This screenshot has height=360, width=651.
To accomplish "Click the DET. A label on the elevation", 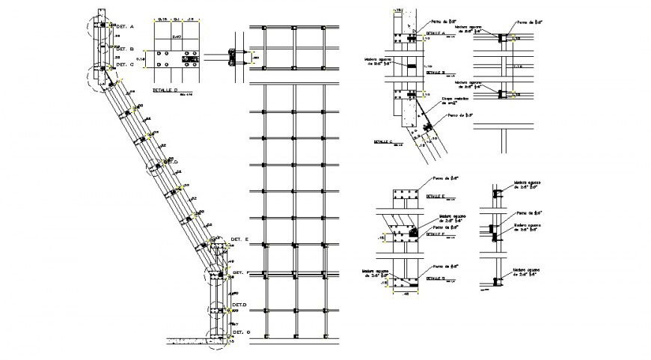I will click(x=126, y=27).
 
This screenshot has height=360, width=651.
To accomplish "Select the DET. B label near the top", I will click(x=126, y=49).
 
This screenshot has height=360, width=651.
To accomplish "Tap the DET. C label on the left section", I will click(x=126, y=64).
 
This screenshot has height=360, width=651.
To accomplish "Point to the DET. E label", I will click(x=239, y=239).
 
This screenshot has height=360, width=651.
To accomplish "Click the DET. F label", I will click(x=239, y=272).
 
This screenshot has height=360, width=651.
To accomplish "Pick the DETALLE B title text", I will click(x=433, y=73).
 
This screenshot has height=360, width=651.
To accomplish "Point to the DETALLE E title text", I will click(x=435, y=195).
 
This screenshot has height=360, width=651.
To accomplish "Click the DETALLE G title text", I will click(x=434, y=278).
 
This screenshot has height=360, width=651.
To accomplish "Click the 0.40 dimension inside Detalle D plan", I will click(x=177, y=35).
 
